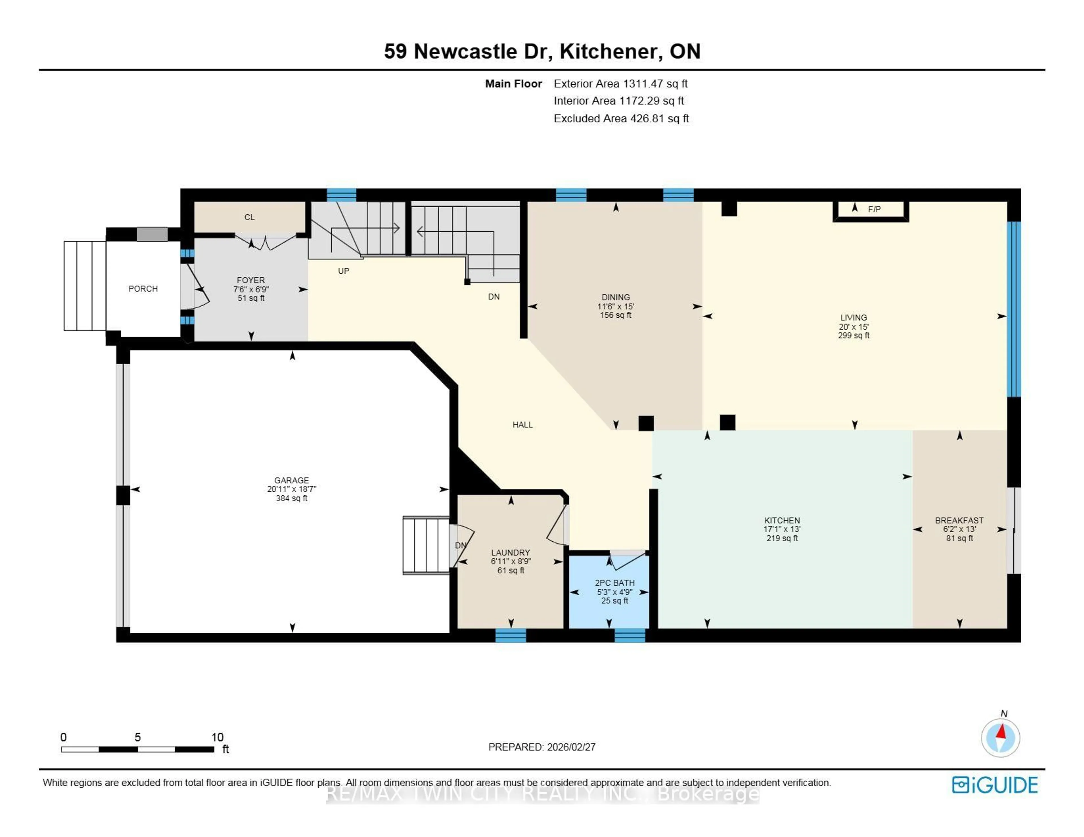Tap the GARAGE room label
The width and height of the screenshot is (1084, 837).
(291, 480)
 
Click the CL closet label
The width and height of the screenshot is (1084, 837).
(249, 217)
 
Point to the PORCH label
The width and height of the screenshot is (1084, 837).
(143, 289)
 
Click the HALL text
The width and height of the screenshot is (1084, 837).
(522, 425)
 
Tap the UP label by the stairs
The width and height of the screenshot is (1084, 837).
(344, 271)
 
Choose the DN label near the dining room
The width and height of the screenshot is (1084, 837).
(493, 297)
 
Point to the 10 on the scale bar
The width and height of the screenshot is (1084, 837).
(217, 737)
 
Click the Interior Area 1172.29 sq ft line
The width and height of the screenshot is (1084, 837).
(619, 101)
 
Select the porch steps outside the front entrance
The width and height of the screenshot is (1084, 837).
(84, 286)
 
